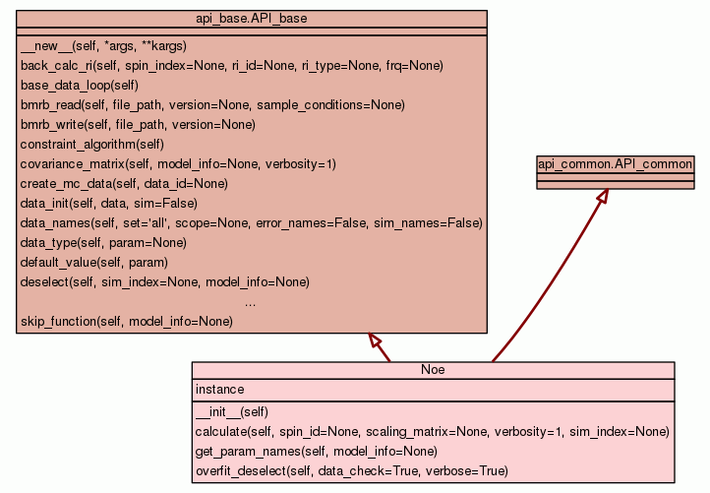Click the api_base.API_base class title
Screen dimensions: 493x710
tap(252, 18)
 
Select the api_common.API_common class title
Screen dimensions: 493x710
tap(616, 163)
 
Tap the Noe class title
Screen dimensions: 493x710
tap(434, 370)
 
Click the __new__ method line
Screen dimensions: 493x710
tap(117, 46)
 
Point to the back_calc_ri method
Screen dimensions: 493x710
tap(231, 66)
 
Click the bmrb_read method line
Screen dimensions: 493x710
tap(212, 105)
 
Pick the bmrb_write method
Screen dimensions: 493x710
tap(138, 125)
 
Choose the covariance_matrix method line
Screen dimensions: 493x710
tap(178, 164)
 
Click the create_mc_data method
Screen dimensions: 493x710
tap(124, 184)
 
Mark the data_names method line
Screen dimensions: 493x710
tap(251, 223)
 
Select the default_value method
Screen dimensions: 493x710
tap(93, 263)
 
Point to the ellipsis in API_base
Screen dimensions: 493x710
tap(251, 302)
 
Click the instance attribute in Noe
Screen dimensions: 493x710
tap(220, 390)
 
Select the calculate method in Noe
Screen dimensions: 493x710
tap(432, 432)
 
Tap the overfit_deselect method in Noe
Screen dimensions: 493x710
tap(351, 471)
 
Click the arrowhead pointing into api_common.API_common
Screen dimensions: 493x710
tap(602, 197)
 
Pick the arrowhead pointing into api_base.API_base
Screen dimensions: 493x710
tap(376, 340)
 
